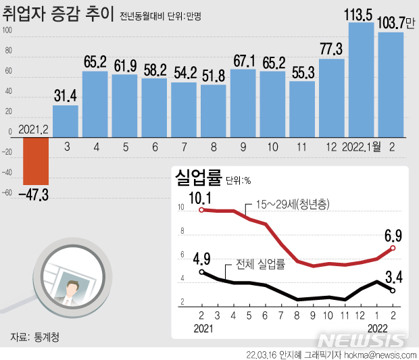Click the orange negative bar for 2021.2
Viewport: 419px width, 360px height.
tap(36, 160)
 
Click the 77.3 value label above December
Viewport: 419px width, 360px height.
tap(331, 48)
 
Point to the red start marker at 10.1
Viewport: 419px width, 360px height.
tap(202, 210)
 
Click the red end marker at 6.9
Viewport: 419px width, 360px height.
tap(393, 248)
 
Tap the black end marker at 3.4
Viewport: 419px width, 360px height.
tap(393, 290)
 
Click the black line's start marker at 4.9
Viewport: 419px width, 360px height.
tap(202, 272)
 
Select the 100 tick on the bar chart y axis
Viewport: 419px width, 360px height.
tap(8, 30)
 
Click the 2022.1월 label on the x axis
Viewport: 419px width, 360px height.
tap(362, 147)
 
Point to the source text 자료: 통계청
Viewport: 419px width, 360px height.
tap(34, 336)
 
